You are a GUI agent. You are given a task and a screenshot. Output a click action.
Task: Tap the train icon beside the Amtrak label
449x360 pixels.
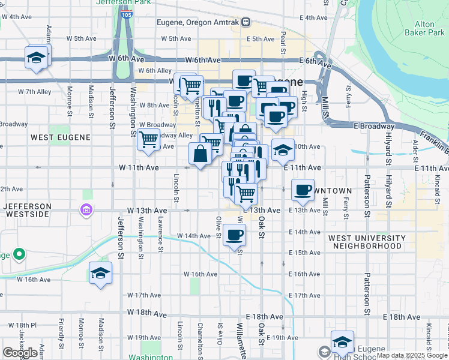246,22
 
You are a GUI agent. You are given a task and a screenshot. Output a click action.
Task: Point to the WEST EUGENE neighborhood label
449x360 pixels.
61,137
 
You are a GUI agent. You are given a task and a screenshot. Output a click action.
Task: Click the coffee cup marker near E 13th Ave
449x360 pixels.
303,190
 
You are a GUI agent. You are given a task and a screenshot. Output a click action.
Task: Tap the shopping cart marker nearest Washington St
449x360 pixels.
148,139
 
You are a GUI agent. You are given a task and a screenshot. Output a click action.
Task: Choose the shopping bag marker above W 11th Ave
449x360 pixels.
199,154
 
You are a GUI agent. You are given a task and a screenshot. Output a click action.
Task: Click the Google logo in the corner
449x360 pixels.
20,353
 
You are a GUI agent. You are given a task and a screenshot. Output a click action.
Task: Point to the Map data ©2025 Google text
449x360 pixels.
412,355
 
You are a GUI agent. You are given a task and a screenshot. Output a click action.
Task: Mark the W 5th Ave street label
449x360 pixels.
82,38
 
